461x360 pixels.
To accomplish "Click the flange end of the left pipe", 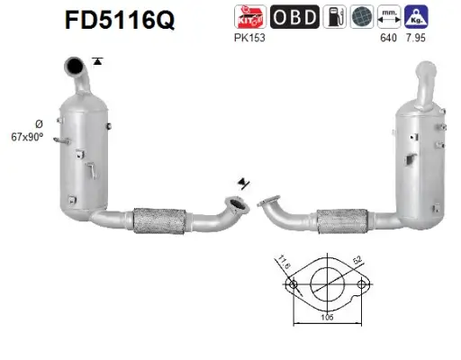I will [x=237, y=206].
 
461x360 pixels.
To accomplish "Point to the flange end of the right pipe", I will [x=265, y=203].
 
